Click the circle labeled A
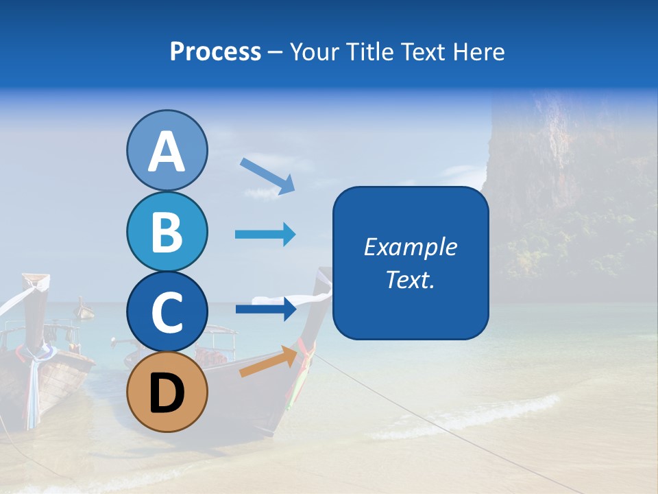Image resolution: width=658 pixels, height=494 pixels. point(167,151)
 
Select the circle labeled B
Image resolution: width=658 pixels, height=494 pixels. point(167,232)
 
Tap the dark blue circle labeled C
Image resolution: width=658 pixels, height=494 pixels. point(167,311)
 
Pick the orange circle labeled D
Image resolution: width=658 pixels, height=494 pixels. point(167,392)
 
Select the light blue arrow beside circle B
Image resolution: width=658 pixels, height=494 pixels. point(265,235)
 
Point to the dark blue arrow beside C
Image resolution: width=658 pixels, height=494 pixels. point(265,309)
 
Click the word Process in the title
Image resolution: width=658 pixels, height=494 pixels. point(215,52)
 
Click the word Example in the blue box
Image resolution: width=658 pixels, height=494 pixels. point(410,247)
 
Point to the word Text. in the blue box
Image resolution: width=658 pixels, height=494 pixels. point(410,279)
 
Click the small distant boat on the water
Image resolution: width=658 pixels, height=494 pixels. point(85,310)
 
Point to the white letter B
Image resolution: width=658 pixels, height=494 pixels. point(167,232)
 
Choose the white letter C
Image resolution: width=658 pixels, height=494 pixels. point(167,312)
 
